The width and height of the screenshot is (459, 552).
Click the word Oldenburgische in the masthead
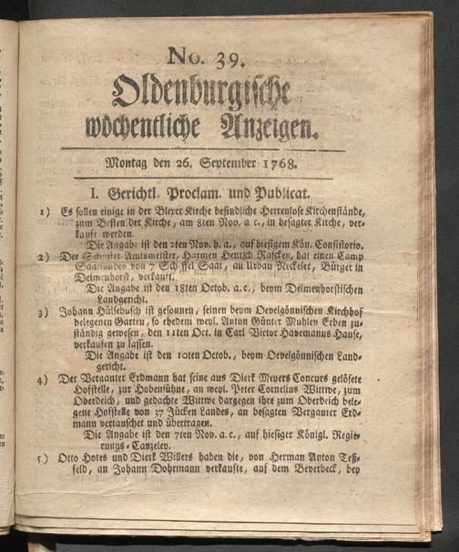[201, 93]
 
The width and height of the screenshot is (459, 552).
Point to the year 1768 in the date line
[296, 166]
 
